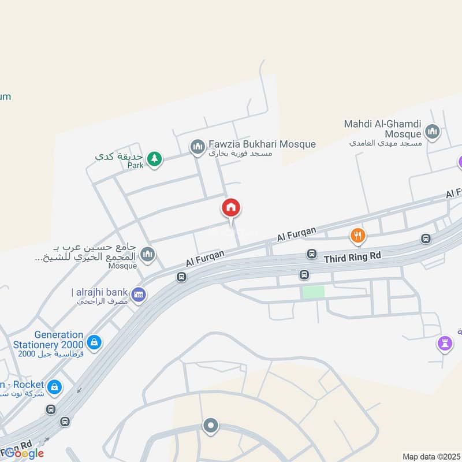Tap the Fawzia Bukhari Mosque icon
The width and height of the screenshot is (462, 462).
coord(198,148)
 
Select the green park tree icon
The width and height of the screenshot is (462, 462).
coord(154,158)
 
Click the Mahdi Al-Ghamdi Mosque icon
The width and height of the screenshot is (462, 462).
coord(432,133)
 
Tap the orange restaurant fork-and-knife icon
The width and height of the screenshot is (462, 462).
coord(358,235)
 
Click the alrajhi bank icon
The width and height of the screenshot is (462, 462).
coord(139,295)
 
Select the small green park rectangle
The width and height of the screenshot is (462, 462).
coord(312,292)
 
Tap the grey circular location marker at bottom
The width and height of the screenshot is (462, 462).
coord(210,426)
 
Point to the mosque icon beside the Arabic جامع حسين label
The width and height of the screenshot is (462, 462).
coord(148,254)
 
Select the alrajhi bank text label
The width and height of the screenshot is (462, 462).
coord(100,292)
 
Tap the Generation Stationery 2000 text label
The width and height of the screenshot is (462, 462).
coord(51,340)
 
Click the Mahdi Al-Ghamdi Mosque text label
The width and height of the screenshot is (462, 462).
coord(382,129)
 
